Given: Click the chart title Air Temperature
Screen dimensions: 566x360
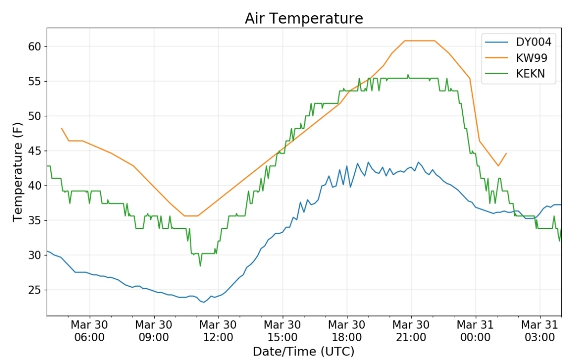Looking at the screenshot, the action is [x=303, y=18].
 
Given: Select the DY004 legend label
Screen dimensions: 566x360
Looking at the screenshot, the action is [x=534, y=42].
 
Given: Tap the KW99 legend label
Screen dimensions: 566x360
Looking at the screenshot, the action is [x=532, y=58].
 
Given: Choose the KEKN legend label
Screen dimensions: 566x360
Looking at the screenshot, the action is [x=530, y=74].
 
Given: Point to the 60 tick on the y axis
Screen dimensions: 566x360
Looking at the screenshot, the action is [x=35, y=47].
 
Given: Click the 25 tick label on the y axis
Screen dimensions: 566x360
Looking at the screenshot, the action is [x=35, y=290].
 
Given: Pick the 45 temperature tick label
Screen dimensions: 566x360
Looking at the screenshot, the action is [x=35, y=151].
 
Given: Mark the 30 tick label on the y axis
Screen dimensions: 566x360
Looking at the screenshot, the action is [x=35, y=255].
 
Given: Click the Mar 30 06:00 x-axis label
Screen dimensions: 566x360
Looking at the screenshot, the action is [x=89, y=331].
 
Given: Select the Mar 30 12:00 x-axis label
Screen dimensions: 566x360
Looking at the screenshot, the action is [x=218, y=331].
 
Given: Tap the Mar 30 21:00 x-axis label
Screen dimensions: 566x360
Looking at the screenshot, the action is [x=411, y=331].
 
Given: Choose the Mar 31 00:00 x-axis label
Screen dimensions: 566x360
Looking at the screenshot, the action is [x=475, y=331].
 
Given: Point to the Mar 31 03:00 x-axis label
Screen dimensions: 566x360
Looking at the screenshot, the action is [x=540, y=331].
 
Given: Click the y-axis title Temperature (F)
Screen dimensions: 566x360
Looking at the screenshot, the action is [x=18, y=172].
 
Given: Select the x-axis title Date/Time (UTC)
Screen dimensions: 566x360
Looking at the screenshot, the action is [x=303, y=351].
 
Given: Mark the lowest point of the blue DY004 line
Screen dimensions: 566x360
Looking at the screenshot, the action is [x=203, y=302].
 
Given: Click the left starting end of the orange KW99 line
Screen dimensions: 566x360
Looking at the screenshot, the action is [x=61, y=128].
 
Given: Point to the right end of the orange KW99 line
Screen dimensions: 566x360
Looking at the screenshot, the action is [x=506, y=153].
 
